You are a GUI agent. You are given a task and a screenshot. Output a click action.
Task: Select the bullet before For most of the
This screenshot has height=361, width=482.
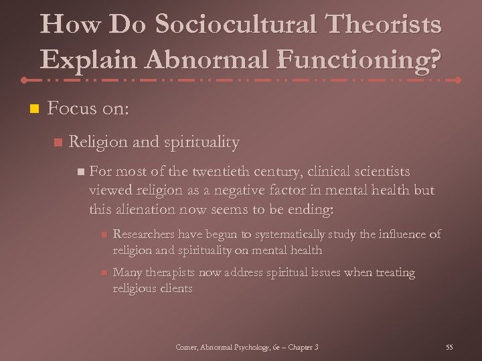[80, 172]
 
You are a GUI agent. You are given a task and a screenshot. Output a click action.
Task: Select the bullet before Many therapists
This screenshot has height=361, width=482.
[103, 273]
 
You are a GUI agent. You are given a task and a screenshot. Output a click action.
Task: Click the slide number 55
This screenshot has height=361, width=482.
[449, 347]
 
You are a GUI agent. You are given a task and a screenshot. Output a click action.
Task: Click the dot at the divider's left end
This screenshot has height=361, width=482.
[23, 80]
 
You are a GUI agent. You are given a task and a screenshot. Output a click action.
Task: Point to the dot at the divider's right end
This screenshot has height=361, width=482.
[458, 80]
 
